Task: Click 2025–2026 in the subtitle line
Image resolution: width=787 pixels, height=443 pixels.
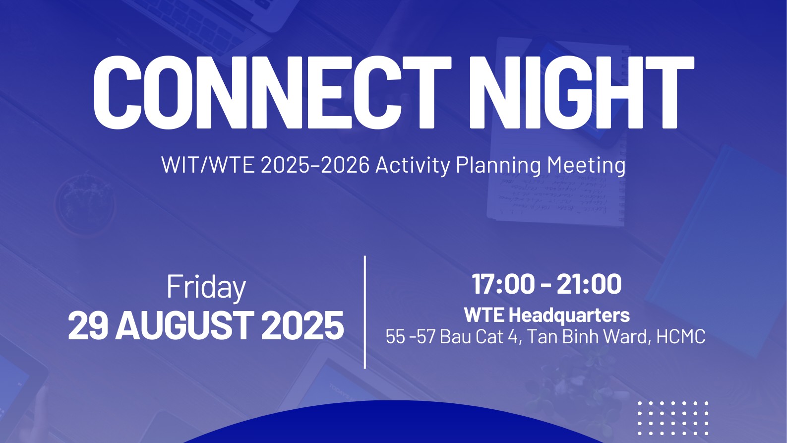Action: [x=315, y=165]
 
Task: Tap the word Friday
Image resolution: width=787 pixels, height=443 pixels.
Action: [x=206, y=288]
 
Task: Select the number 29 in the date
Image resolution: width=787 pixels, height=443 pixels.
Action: [x=88, y=325]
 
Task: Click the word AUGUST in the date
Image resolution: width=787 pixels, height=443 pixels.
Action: [x=185, y=325]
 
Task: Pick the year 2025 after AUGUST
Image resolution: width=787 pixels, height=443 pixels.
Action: [x=303, y=325]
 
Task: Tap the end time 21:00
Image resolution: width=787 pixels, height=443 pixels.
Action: [x=589, y=284]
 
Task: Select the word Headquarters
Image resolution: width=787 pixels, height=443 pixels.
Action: [x=569, y=315]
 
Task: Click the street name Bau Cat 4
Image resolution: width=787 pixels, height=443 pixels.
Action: [x=479, y=336]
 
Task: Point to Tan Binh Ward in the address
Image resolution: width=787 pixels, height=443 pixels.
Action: [x=587, y=336]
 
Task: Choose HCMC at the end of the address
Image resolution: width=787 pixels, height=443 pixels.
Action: [x=680, y=336]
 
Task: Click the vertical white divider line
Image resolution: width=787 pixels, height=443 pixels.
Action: [x=365, y=312]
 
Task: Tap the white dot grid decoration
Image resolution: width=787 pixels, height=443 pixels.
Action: [x=673, y=418]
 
